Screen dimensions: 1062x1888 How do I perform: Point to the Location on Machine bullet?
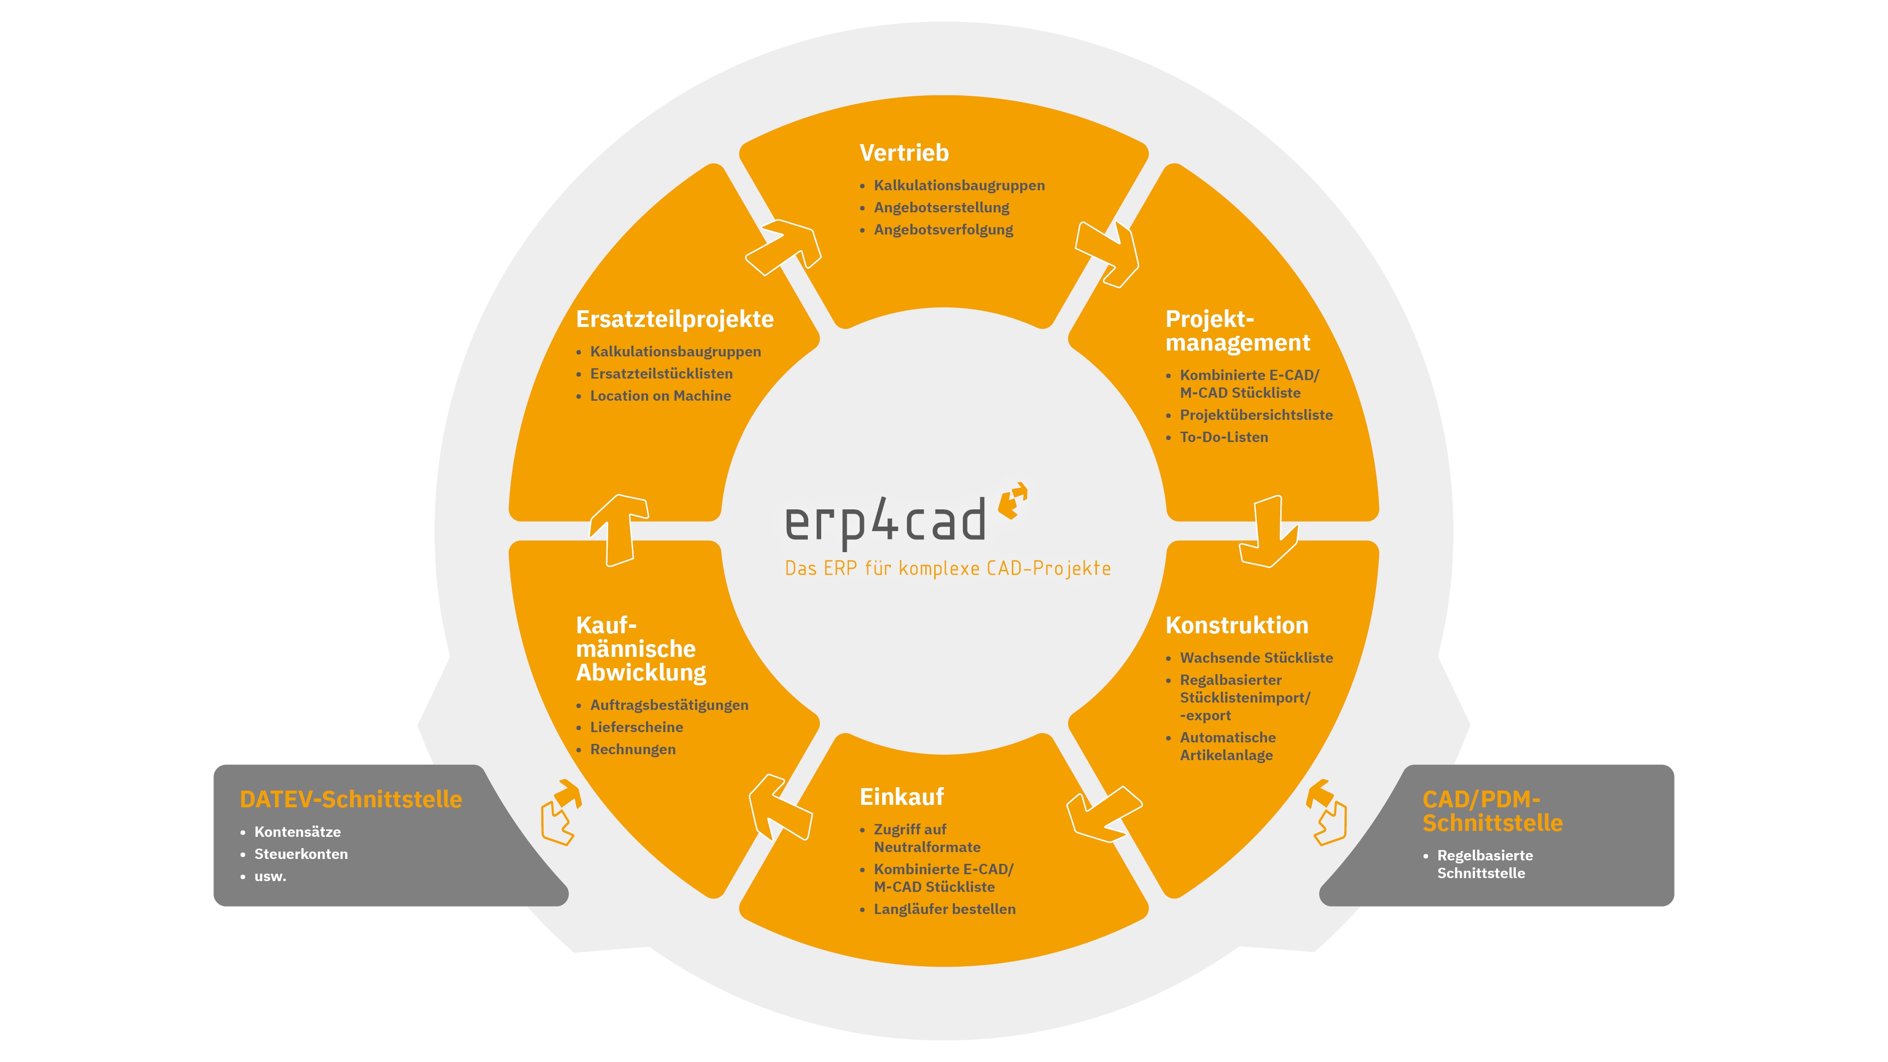660,396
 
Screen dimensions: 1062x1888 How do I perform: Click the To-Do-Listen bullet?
1223,437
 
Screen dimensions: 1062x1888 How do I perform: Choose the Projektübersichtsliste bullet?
1256,415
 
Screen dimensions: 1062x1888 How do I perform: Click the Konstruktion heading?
1237,625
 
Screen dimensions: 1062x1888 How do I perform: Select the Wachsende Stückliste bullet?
1256,657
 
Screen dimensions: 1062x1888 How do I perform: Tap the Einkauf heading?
902,796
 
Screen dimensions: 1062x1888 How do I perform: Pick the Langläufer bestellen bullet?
944,909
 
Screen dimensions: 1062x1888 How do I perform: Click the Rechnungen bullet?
632,749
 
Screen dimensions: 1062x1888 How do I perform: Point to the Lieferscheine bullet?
636,727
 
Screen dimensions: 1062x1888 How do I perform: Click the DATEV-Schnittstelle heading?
351,799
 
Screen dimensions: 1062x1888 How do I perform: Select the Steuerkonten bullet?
300,854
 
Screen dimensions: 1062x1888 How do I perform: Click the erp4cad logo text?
885,522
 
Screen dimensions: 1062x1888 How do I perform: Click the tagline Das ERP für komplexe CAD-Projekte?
947,569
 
